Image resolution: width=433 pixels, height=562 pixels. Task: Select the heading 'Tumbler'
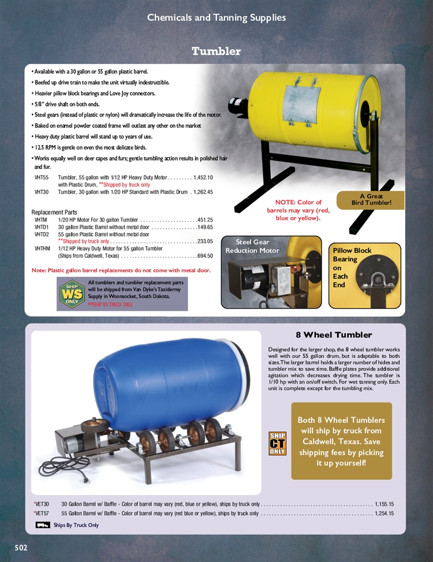216,51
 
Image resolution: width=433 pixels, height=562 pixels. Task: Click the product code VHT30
42,192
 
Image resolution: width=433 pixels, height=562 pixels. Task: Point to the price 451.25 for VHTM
205,219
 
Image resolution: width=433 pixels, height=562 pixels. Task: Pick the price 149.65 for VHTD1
205,227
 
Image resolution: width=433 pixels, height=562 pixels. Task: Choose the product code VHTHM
43,248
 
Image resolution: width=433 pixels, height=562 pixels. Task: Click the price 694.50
205,256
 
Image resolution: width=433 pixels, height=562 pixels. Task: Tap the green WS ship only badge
72,293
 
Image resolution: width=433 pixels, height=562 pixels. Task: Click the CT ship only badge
278,443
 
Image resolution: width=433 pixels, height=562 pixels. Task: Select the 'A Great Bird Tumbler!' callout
371,199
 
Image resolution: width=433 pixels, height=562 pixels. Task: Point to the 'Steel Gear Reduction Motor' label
252,246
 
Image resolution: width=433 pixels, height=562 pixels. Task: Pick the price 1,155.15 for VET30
384,504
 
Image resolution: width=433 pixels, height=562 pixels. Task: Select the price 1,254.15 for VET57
384,513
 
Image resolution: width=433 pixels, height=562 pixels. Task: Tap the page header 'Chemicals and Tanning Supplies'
216,17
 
